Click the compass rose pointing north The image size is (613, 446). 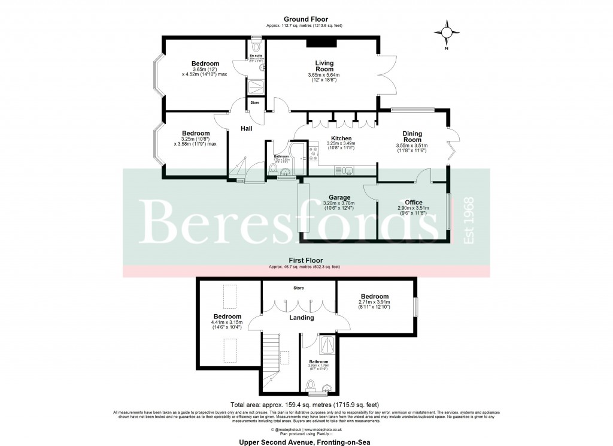pos(448,33)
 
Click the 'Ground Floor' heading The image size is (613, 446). pos(306,20)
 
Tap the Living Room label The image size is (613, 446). pos(324,66)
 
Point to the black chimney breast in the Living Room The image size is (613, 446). pos(322,43)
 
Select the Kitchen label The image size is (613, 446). pos(341,138)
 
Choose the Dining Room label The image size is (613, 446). pos(412,137)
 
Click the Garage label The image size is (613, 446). pos(339,197)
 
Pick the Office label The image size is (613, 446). pos(414,202)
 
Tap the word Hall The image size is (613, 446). pos(247,129)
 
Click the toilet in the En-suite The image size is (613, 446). pos(257,47)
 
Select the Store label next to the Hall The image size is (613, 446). pos(254,103)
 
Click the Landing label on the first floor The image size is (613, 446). pos(302,318)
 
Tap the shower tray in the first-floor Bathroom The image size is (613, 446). pos(327,343)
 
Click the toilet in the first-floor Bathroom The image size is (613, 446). pos(312,384)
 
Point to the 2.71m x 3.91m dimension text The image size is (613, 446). pos(374,303)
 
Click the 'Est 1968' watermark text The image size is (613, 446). pos(469,220)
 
